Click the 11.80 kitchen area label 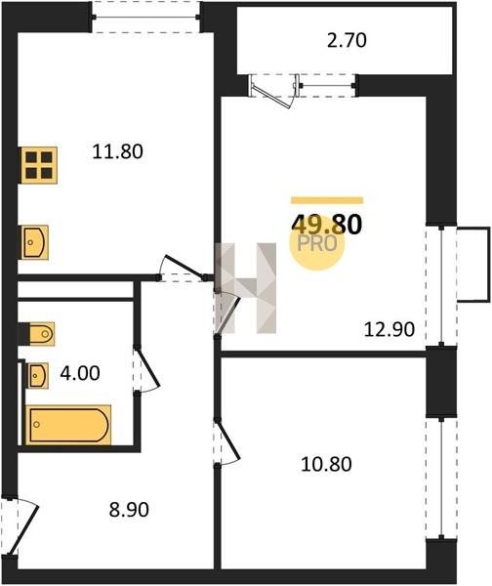click(x=117, y=152)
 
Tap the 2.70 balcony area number click(x=347, y=40)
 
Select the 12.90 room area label click(x=389, y=330)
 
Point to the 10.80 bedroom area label click(x=326, y=465)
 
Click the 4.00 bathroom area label click(x=80, y=373)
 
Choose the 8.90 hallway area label click(x=129, y=510)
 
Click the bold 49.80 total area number click(x=326, y=225)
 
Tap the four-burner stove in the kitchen click(x=38, y=165)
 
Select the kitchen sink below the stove click(x=33, y=242)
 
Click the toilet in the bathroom click(x=37, y=334)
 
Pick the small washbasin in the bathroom click(x=37, y=375)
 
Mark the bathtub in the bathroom click(x=68, y=425)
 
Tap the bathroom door click(x=146, y=369)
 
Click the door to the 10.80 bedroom click(x=226, y=442)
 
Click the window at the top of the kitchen click(x=146, y=17)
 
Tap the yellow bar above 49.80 click(x=327, y=200)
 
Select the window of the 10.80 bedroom click(x=441, y=478)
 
